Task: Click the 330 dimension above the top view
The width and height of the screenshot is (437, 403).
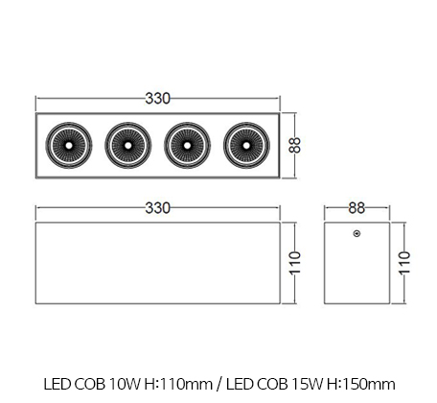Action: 158,99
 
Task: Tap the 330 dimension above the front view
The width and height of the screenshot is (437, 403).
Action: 158,208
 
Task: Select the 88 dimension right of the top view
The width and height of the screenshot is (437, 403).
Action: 295,145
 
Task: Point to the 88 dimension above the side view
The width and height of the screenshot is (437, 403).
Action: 356,208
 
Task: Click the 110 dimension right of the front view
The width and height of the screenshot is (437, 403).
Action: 295,263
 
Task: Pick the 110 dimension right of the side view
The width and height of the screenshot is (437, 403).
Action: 404,263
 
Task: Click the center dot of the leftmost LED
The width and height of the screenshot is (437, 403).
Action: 69,146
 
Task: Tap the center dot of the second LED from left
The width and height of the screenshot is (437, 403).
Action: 127,146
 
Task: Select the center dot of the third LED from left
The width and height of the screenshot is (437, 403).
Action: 187,146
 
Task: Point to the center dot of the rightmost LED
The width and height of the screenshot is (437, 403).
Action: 246,146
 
